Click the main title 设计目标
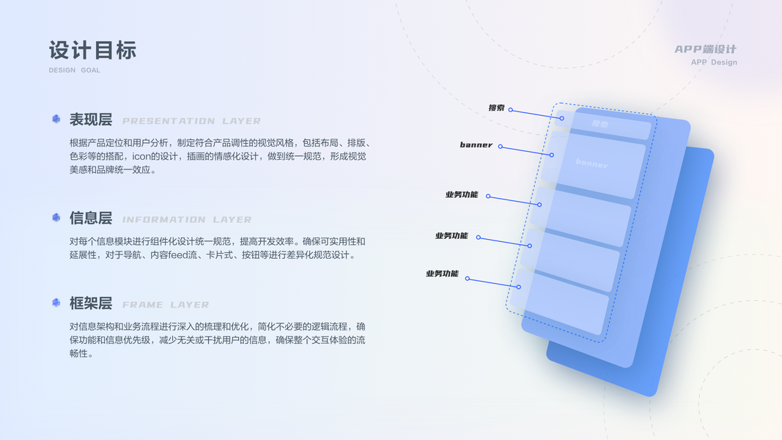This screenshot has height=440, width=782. click(92, 50)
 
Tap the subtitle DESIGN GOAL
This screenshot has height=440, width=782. click(75, 70)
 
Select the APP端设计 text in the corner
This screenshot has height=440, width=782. click(705, 49)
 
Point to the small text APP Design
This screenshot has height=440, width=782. click(714, 62)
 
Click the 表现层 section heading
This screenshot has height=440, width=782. click(90, 120)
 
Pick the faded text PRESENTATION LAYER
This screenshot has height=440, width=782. click(191, 121)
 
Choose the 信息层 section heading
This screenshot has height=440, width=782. click(90, 218)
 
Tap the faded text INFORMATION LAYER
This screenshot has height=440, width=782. click(187, 219)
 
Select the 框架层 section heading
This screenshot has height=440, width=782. click(90, 303)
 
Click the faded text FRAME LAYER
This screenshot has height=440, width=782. click(166, 304)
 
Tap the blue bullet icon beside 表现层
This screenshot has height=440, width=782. click(56, 119)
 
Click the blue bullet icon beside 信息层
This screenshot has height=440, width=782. click(56, 217)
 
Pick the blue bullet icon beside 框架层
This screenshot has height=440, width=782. click(56, 302)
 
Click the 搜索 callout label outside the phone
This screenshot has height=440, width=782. click(496, 108)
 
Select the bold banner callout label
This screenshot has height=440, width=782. click(476, 144)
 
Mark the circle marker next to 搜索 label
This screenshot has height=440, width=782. click(511, 110)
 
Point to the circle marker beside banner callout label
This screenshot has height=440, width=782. click(501, 147)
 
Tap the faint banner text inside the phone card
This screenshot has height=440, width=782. click(591, 164)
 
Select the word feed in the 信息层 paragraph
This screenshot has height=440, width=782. click(179, 255)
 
